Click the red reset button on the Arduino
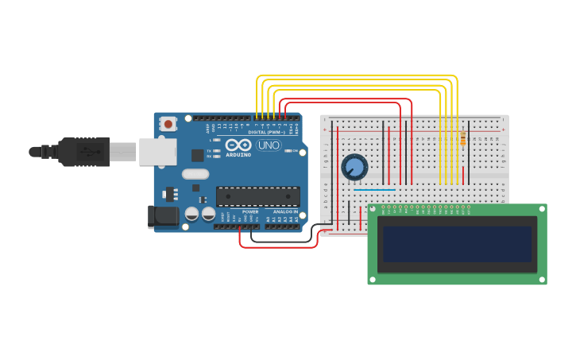point(168,123)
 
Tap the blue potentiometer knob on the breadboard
point(354,167)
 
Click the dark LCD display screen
point(457,244)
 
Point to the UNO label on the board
point(268,145)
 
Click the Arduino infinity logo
point(238,145)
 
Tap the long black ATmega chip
point(257,195)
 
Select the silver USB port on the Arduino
point(157,151)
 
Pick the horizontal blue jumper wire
point(373,189)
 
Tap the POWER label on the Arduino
point(250,212)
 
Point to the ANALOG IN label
point(285,212)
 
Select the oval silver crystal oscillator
point(195,174)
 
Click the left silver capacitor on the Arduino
point(192,214)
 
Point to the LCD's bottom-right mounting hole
point(542,279)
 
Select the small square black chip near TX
point(197,156)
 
